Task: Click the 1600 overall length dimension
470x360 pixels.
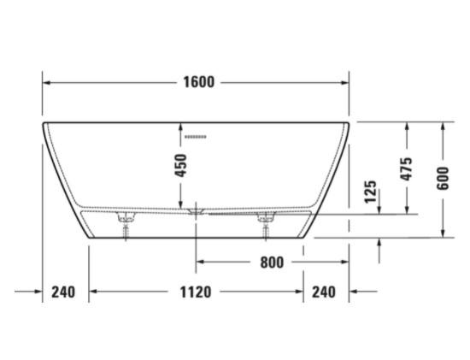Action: click(x=197, y=83)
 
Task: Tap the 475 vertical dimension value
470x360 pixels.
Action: click(x=407, y=168)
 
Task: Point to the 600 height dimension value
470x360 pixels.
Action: click(x=442, y=177)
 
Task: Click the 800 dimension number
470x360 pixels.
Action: click(x=272, y=263)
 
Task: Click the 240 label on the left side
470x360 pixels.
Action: click(x=63, y=292)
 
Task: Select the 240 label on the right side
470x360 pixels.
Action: click(x=324, y=292)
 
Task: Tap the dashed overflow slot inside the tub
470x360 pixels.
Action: click(x=197, y=137)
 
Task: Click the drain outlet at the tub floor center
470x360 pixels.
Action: click(x=197, y=209)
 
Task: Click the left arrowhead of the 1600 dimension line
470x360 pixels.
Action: click(x=48, y=83)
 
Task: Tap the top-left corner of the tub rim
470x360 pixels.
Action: click(x=44, y=124)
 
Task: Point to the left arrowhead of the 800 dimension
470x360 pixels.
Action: click(x=202, y=263)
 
